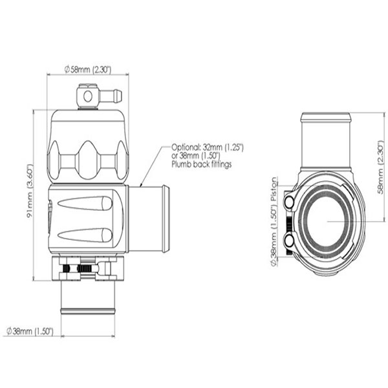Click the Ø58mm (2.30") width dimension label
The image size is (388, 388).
(88, 70)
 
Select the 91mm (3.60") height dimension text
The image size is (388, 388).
(30, 191)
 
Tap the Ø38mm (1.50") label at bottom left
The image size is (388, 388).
(30, 331)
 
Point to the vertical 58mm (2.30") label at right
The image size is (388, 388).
(382, 167)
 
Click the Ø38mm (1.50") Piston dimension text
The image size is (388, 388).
(274, 222)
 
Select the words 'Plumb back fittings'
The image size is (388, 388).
(202, 164)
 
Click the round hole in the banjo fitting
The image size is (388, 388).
(88, 96)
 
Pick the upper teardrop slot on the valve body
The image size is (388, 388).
(85, 203)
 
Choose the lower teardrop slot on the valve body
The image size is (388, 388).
(85, 235)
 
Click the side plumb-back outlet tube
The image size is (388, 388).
(149, 219)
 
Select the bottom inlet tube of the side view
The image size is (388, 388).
(88, 297)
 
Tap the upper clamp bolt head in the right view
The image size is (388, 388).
(289, 202)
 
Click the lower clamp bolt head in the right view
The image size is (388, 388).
(289, 241)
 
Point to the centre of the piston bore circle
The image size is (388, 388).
(327, 221)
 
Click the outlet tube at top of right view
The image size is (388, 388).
(326, 140)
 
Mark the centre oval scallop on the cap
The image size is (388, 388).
(88, 160)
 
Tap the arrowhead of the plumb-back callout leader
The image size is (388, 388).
(141, 185)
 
